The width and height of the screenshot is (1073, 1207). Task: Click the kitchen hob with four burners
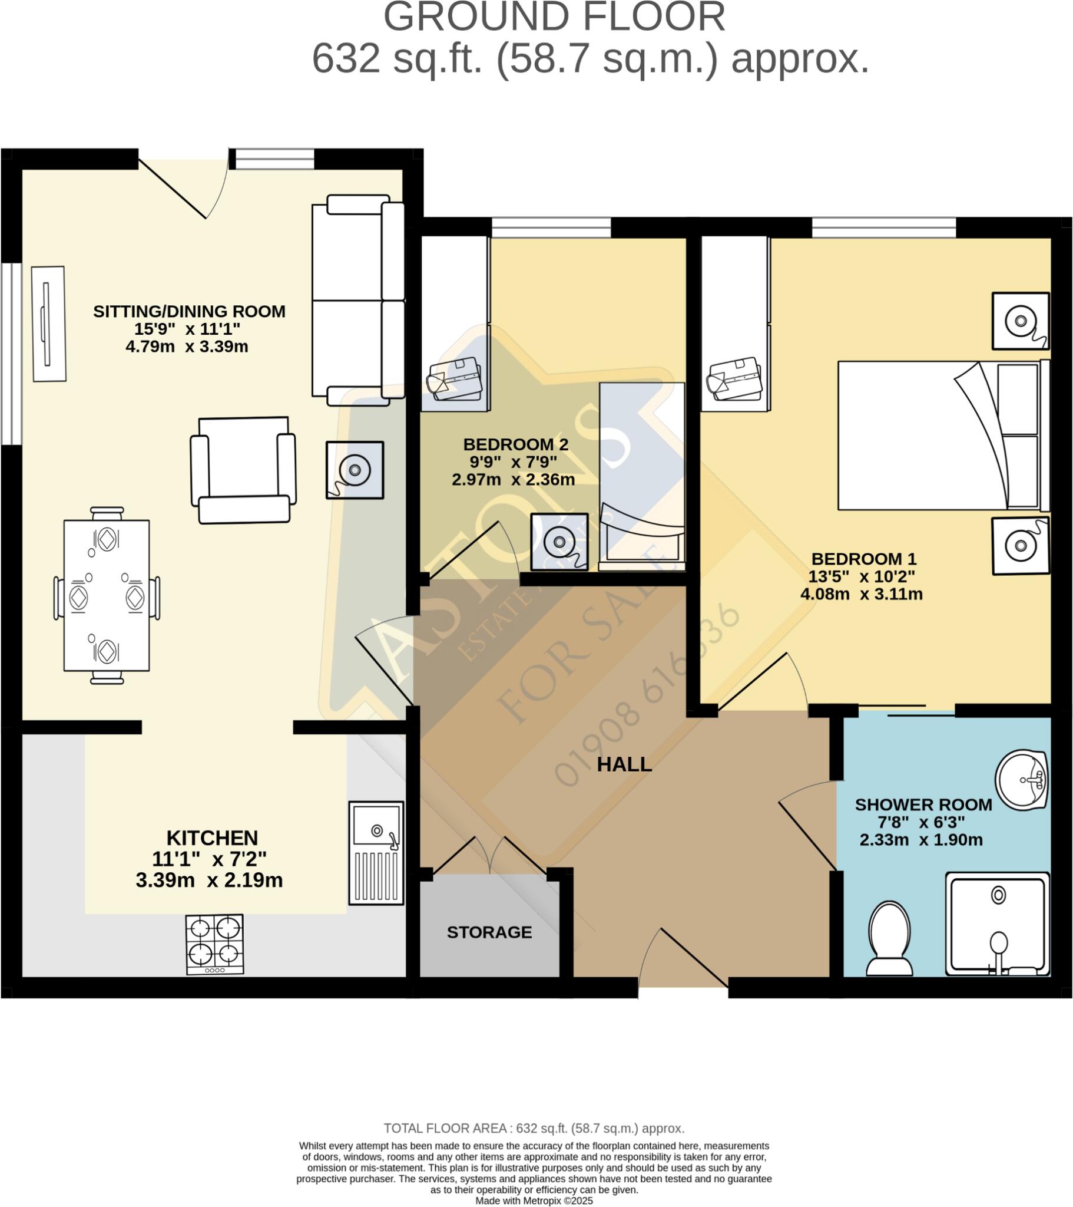(214, 944)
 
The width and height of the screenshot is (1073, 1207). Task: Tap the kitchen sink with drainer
(376, 853)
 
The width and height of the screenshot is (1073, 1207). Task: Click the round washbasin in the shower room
(1021, 780)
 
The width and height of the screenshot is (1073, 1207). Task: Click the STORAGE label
(489, 932)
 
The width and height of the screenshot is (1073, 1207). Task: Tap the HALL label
(624, 765)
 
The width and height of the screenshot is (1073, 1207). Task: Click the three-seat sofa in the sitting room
(358, 301)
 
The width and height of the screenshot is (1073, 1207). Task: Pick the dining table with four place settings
(107, 595)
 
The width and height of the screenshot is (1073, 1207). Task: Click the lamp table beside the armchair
(355, 470)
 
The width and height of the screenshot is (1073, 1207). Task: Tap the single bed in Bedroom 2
(642, 476)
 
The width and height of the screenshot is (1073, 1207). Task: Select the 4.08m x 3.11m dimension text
(861, 594)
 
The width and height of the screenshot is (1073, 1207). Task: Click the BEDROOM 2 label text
(516, 444)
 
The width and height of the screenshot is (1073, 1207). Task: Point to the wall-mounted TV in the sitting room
(48, 324)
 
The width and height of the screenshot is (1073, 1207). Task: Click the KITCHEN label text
(212, 838)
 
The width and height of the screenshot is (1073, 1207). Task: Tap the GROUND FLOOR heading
(554, 18)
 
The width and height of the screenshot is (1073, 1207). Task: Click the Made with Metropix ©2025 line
(534, 1201)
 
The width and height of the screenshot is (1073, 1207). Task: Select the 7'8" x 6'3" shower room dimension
(921, 822)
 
